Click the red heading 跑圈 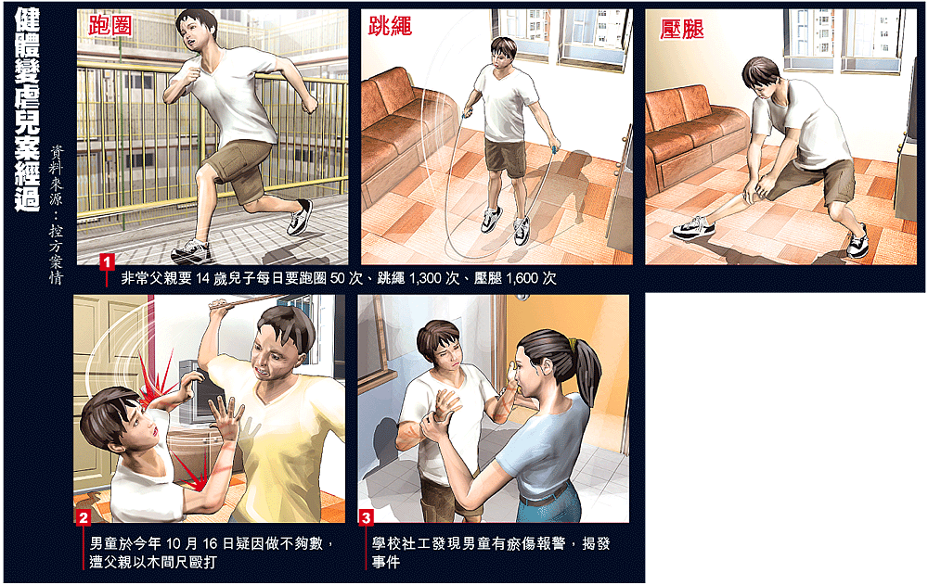pyautogui.click(x=110, y=25)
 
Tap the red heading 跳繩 pyautogui.click(x=390, y=25)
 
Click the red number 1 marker pyautogui.click(x=107, y=261)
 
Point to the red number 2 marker pyautogui.click(x=84, y=517)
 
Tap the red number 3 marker pyautogui.click(x=367, y=517)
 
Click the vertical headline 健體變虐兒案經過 pyautogui.click(x=27, y=109)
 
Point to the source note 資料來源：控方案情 pyautogui.click(x=56, y=215)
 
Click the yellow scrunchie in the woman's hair pyautogui.click(x=572, y=342)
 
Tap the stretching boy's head pyautogui.click(x=762, y=77)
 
